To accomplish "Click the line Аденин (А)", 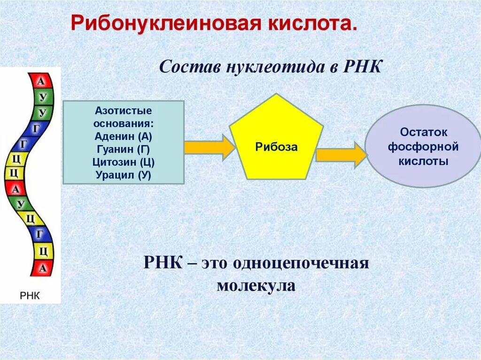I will [x=124, y=137].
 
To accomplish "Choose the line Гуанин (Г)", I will [x=124, y=150].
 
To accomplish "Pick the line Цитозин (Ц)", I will [x=124, y=162].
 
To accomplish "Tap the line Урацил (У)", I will [x=124, y=175].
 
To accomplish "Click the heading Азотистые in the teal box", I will [x=124, y=112].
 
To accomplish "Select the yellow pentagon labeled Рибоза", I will [x=276, y=141].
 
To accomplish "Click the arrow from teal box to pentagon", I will [x=209, y=147].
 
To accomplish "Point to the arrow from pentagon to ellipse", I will [x=341, y=154].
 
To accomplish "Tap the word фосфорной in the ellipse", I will [x=423, y=147].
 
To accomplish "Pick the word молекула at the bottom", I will [x=256, y=285].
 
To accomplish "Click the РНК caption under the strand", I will [x=31, y=296].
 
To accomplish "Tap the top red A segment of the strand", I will [x=41, y=81].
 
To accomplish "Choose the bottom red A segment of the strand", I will [x=43, y=268].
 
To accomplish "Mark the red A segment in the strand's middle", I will [x=16, y=189].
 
